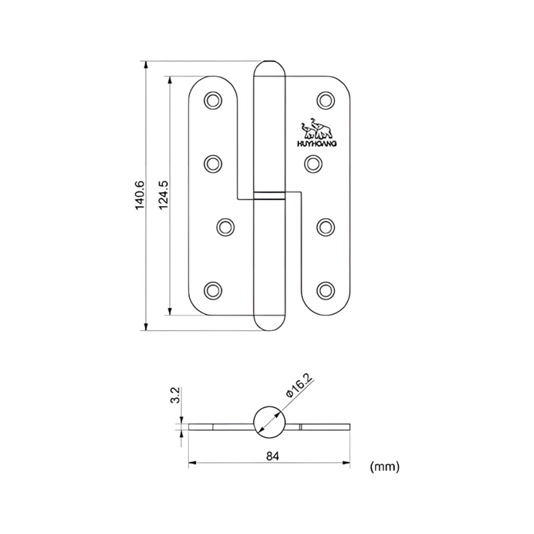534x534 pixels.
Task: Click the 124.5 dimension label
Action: (164, 195)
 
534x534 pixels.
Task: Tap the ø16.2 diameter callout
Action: (299, 385)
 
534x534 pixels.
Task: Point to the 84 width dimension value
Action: (272, 456)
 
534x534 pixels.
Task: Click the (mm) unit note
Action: (384, 467)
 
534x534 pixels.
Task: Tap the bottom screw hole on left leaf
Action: (213, 290)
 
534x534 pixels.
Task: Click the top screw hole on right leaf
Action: (325, 100)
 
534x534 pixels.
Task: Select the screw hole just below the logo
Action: (313, 162)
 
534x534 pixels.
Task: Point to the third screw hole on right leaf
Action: (325, 226)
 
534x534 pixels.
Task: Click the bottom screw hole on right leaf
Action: (325, 290)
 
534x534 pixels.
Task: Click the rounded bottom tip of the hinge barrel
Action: (270, 322)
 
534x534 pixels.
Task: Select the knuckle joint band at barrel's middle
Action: (270, 195)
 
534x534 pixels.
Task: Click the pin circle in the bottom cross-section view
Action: (270, 422)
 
